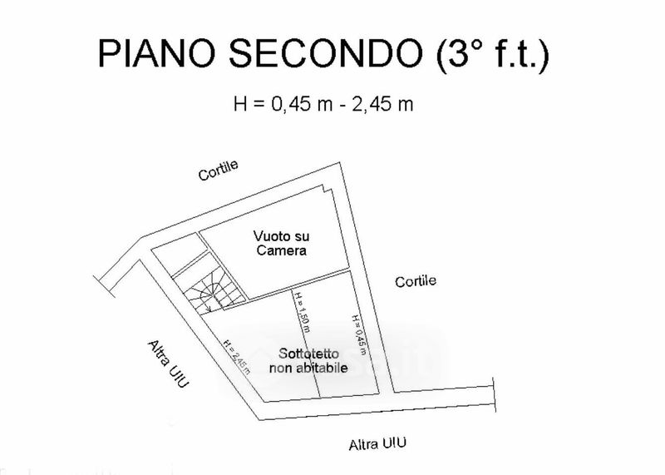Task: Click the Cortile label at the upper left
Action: tap(218, 170)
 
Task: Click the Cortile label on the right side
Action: tap(415, 281)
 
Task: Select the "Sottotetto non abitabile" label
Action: tap(308, 360)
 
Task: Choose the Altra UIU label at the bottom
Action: tap(378, 443)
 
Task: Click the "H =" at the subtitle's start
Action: tap(250, 105)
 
